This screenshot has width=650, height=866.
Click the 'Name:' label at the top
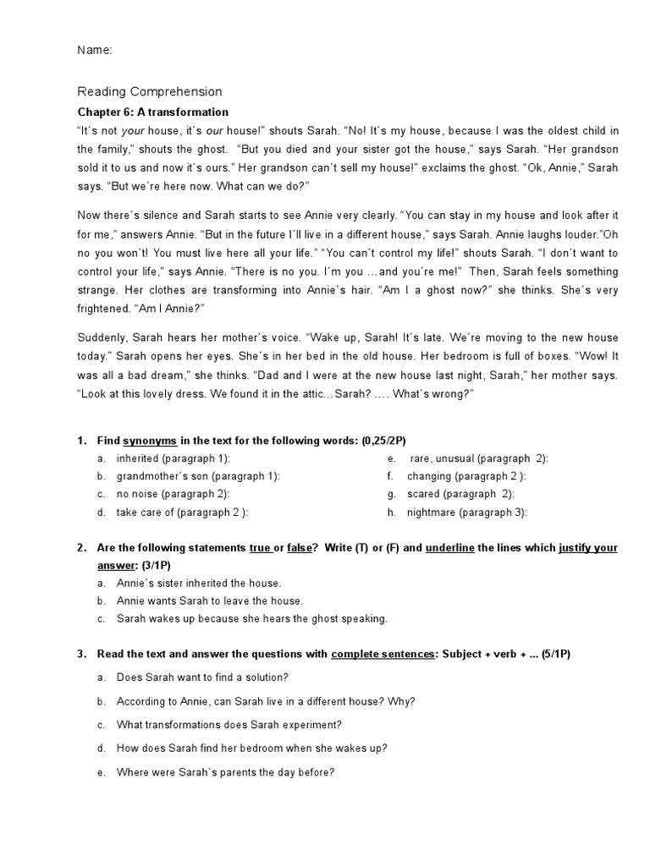coord(95,51)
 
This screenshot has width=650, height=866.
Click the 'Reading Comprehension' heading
coord(150,92)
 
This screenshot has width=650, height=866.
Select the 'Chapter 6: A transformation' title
coord(153,112)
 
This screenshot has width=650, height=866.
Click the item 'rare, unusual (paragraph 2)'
coord(478,458)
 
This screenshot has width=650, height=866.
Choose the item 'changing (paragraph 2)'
coord(466,476)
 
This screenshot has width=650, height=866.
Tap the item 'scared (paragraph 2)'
coord(460,494)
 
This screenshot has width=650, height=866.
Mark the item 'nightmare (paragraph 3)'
coord(467,512)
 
